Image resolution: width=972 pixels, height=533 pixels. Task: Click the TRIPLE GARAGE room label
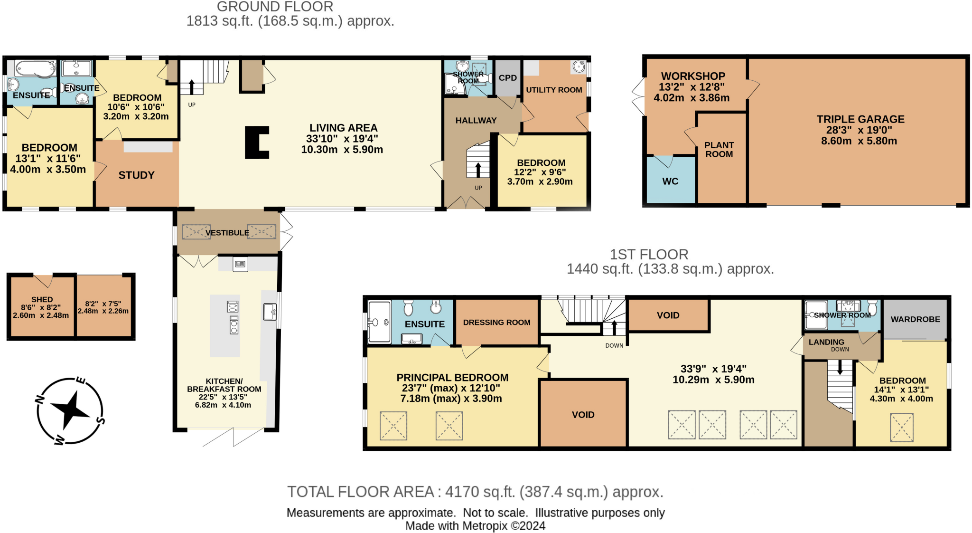pos(860,119)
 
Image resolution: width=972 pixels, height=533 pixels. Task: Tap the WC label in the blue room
pos(670,181)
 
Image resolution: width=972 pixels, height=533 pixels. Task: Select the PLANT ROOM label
pos(719,150)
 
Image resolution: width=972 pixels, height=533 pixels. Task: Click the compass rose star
pos(70,409)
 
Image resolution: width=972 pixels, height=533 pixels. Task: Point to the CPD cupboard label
pos(507,78)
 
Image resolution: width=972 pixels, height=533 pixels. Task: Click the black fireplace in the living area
pos(257,142)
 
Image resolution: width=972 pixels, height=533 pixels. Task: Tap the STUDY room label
pos(136,175)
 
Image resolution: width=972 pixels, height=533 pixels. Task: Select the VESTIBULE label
pos(227,233)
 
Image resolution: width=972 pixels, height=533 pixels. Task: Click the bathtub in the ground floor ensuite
pos(35,69)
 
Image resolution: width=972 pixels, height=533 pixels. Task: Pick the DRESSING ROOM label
pos(496,323)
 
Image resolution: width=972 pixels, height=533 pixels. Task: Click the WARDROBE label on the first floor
pos(915,319)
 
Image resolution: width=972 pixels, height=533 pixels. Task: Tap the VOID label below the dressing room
pos(583,415)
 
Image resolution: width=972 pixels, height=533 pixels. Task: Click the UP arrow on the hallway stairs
pos(478,170)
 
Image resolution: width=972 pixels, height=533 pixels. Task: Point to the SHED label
pos(42,300)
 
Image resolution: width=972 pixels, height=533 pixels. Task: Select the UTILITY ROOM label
pos(553,90)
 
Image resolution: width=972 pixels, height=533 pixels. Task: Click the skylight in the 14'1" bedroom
pos(901,427)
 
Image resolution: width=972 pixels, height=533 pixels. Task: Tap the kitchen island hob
pos(234,325)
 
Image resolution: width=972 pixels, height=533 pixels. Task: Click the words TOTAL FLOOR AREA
pos(361,492)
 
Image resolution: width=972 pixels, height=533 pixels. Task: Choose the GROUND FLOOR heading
pos(275,7)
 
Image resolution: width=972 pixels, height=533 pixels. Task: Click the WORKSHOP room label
pos(693,76)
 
